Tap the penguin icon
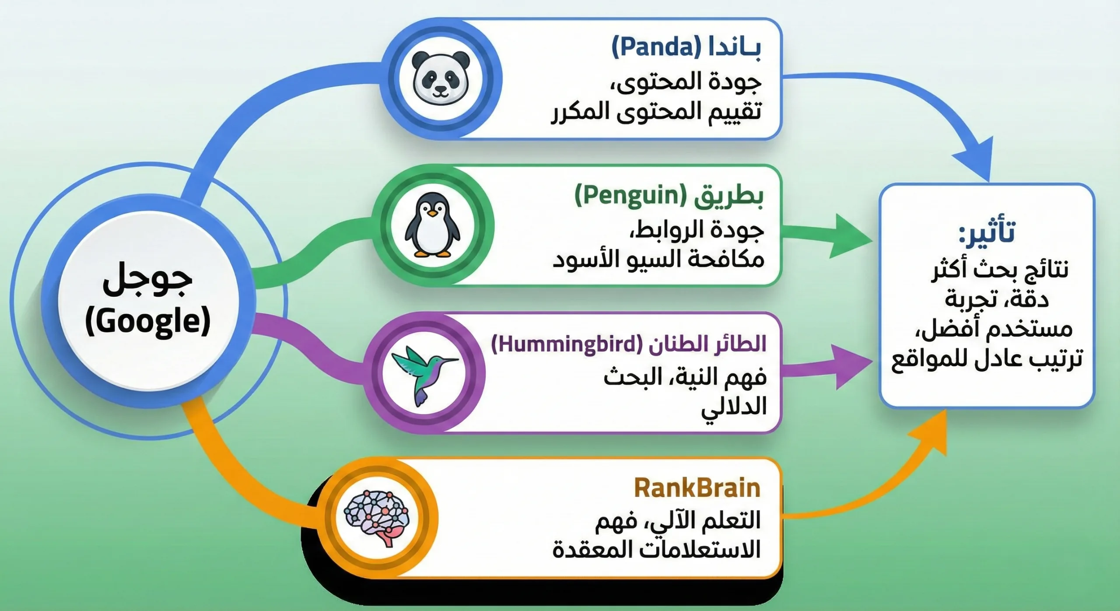432,225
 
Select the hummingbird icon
423,372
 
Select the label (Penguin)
631,196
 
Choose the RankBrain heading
697,488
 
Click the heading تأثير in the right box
987,232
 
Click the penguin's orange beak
432,213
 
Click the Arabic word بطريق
728,197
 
